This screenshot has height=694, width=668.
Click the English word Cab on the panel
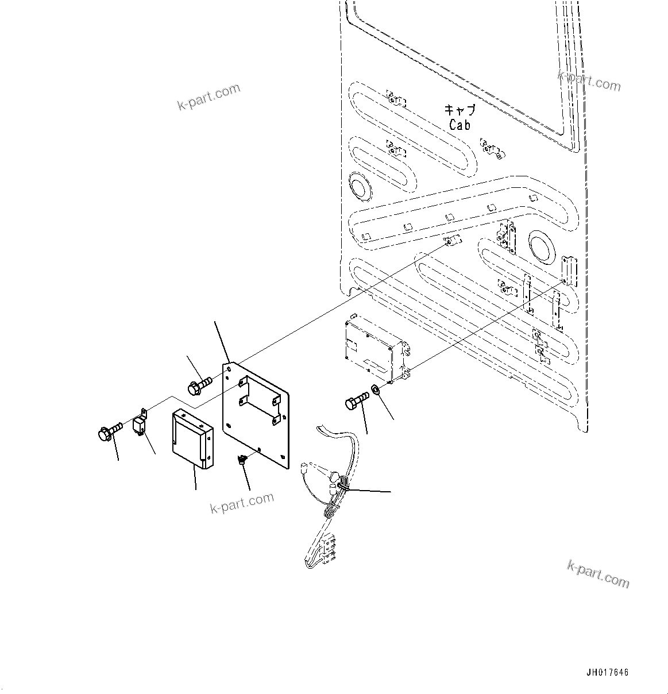pyautogui.click(x=460, y=125)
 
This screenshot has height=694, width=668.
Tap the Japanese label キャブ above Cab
pyautogui.click(x=460, y=110)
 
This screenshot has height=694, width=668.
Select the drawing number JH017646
pyautogui.click(x=607, y=673)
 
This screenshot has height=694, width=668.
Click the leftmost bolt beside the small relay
pyautogui.click(x=109, y=431)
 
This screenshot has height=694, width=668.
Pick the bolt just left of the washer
pyautogui.click(x=357, y=400)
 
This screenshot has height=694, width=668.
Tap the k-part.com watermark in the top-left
pyautogui.click(x=208, y=97)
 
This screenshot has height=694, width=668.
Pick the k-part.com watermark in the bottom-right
pyautogui.click(x=598, y=575)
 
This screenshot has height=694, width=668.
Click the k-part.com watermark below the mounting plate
pyautogui.click(x=242, y=503)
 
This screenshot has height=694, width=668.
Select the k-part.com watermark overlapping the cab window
pyautogui.click(x=589, y=81)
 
